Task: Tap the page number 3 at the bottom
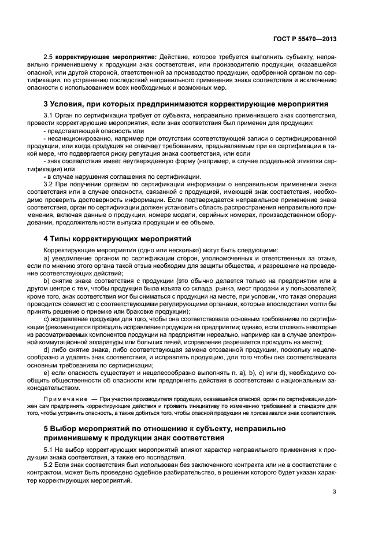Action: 335,492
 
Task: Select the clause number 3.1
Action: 49,116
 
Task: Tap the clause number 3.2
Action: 49,185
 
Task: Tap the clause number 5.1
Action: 49,449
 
